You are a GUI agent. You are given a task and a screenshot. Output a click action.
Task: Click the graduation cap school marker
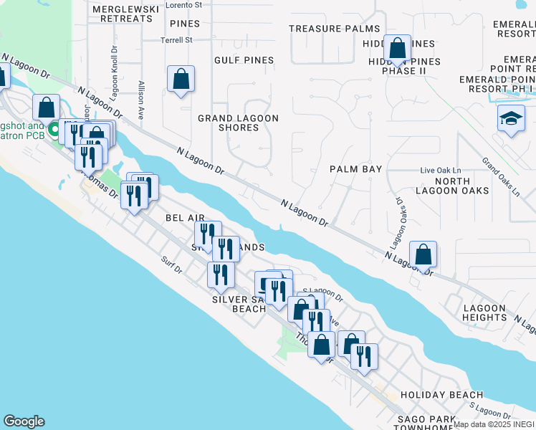[x=511, y=119]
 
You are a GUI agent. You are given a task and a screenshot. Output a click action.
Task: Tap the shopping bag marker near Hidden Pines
[x=397, y=49]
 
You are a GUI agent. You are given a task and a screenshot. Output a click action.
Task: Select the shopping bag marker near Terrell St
[x=181, y=80]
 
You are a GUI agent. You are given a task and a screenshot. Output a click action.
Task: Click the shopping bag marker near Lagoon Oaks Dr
[x=423, y=254]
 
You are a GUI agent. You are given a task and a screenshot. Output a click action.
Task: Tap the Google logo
[x=24, y=421]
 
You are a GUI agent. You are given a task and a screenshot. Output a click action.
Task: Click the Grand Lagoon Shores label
[x=238, y=123]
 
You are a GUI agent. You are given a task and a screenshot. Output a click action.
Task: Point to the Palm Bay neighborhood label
[x=355, y=169]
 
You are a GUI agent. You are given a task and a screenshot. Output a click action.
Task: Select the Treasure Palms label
[x=334, y=29]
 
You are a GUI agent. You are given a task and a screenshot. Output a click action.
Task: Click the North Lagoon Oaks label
[x=452, y=186]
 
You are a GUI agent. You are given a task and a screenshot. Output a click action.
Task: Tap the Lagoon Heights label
[x=485, y=312]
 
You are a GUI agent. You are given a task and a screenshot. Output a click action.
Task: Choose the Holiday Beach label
[x=441, y=395]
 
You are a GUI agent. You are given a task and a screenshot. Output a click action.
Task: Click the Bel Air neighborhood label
[x=185, y=217]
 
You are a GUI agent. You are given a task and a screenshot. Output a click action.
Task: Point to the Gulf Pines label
[x=244, y=60]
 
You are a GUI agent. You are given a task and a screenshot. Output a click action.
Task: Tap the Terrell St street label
[x=177, y=40]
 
